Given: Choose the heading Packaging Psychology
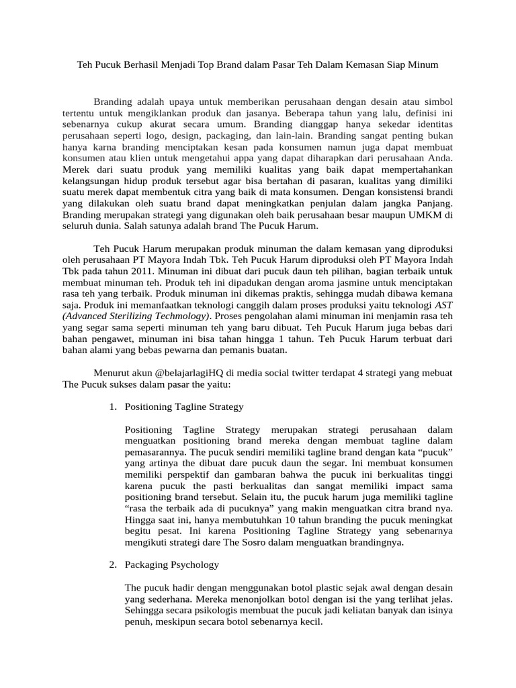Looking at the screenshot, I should (x=172, y=564).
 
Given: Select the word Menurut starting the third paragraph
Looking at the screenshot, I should (x=112, y=373).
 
